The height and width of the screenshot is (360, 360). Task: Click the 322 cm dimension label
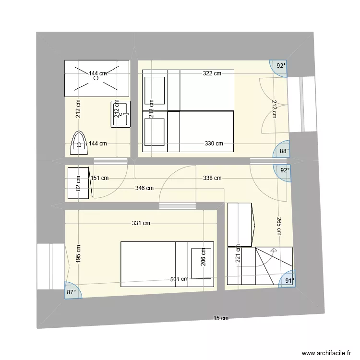(212, 73)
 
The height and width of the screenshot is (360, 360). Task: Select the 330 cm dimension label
(214, 144)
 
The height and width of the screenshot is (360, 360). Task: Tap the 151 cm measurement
(99, 178)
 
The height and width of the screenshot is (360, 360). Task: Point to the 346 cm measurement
(144, 188)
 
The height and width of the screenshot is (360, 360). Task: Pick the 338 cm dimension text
(212, 178)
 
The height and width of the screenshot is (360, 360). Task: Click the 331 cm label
(141, 223)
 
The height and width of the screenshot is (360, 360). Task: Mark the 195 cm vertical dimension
(78, 254)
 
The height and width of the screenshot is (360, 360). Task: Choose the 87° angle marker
(72, 292)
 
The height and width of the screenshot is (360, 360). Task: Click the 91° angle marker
(289, 281)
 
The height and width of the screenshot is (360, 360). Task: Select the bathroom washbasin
(120, 114)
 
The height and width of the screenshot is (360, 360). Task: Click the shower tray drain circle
(96, 77)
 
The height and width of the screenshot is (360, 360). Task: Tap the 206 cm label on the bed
(203, 258)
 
